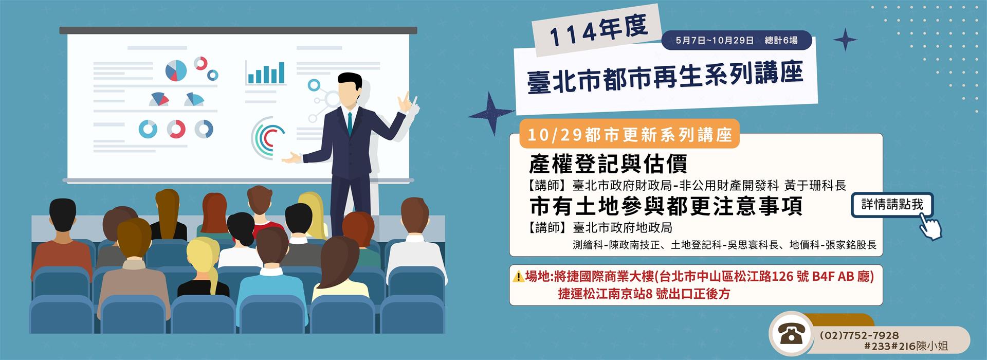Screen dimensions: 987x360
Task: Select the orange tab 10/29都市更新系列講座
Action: pos(629,135)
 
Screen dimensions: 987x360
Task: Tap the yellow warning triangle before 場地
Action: pos(518,277)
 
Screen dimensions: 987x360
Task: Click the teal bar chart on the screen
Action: pos(266,73)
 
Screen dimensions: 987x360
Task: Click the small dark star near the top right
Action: pos(845,40)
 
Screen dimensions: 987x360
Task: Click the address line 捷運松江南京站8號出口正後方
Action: pos(644,294)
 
